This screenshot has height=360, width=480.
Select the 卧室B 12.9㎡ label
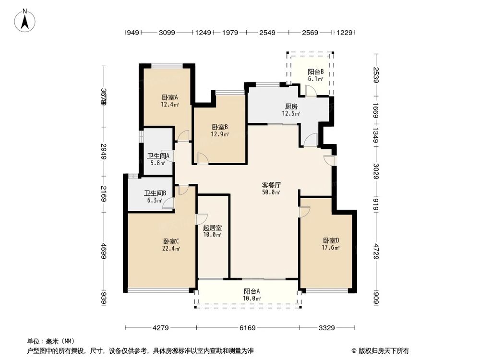click(x=219, y=131)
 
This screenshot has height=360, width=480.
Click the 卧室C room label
click(x=171, y=244)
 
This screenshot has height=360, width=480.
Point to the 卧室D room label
click(x=331, y=244)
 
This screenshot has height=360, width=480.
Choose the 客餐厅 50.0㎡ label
click(x=271, y=188)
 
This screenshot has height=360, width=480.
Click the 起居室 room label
click(x=212, y=231)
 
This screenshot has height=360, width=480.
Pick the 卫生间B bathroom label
click(x=155, y=197)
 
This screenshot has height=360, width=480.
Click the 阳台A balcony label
click(x=252, y=294)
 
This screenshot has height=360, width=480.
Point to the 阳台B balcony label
click(x=315, y=75)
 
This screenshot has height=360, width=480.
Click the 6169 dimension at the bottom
click(x=248, y=328)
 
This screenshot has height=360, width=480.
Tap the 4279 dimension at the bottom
click(x=161, y=328)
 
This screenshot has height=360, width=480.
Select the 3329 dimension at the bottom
click(x=326, y=328)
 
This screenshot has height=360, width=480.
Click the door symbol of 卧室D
click(x=304, y=212)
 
